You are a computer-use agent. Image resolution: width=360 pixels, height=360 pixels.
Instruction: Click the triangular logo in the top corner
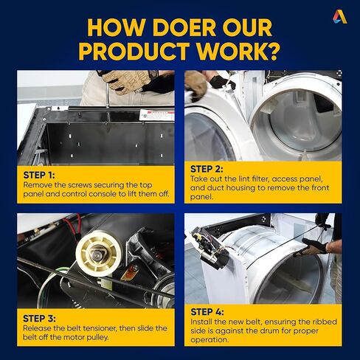pos(340,17)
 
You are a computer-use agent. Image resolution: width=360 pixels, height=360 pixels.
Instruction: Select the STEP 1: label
pos(39,175)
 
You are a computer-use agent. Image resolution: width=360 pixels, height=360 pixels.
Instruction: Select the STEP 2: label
pos(207,169)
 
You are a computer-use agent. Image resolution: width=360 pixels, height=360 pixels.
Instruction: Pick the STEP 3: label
pos(39,319)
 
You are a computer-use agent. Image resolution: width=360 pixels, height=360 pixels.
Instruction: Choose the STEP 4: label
pos(207,312)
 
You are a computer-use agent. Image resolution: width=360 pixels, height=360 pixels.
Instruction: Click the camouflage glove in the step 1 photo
pos(127,80)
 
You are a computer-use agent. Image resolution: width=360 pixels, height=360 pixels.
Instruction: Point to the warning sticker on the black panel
pos(156,115)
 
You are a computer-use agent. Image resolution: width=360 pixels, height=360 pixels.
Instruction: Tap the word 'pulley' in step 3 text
pos(97,337)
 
